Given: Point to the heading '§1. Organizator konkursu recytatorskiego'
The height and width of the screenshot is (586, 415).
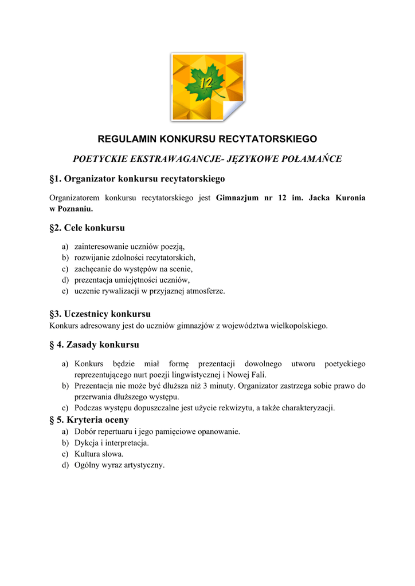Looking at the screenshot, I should point(137,179).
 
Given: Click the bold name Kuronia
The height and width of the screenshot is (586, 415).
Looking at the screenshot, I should point(346,199).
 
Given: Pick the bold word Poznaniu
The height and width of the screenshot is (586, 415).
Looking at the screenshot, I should point(72,209).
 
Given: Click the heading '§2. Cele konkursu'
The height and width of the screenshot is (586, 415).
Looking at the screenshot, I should point(87,228).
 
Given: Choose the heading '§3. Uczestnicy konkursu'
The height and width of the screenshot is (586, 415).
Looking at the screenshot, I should point(100,314).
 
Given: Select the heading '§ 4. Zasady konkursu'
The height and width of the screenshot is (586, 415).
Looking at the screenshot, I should point(95,345).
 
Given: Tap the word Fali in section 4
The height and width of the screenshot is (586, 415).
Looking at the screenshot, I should point(257,375).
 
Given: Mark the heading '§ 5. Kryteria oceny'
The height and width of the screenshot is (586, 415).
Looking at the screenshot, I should point(89,420).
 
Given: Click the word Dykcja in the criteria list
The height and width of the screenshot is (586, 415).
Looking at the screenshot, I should point(87,442).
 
